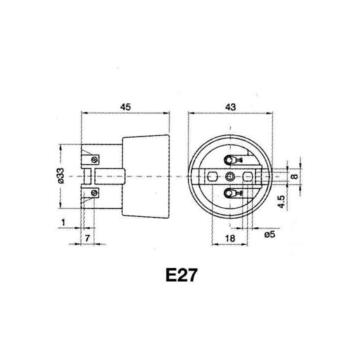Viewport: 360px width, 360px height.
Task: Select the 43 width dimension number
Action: point(230,106)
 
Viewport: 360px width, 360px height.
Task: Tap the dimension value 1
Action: point(63,221)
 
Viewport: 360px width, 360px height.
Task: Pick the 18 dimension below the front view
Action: point(230,238)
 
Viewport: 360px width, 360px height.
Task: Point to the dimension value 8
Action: point(294,176)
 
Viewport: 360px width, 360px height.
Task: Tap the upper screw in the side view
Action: point(94,159)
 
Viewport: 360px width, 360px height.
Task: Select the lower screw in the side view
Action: point(94,192)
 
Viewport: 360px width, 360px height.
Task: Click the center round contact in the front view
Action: point(230,176)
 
